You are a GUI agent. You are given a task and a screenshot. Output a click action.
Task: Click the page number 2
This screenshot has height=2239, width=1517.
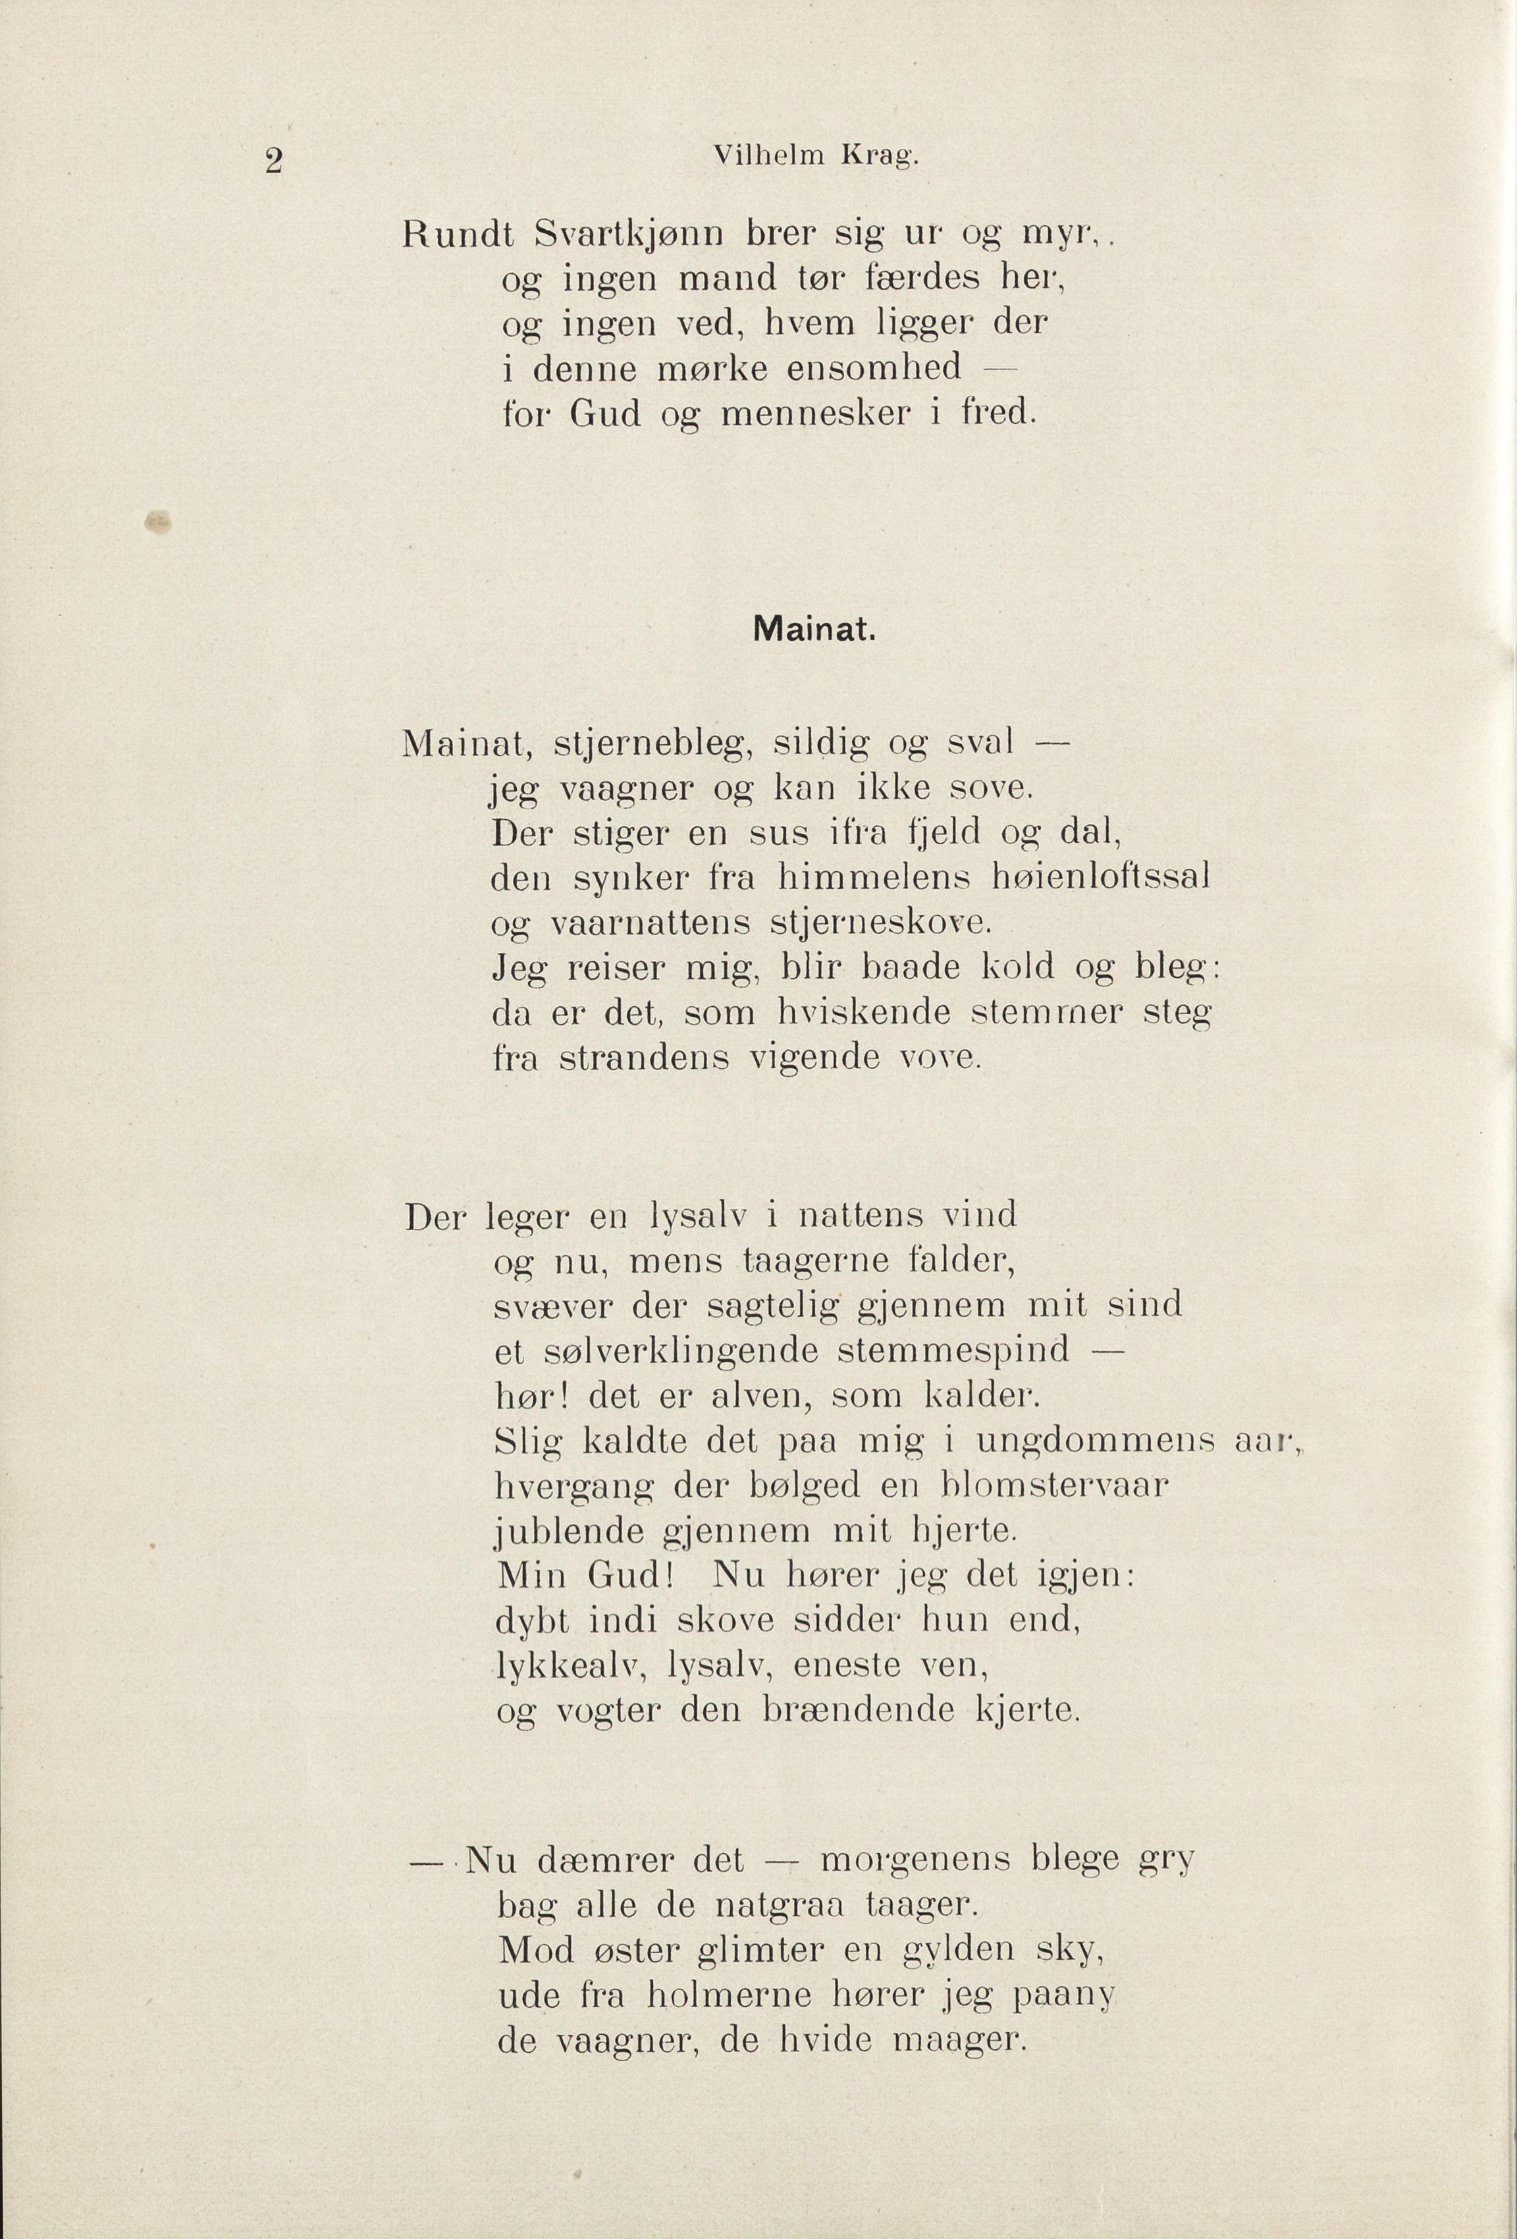click(273, 161)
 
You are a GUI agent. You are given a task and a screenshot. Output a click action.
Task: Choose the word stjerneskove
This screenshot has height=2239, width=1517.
click(880, 924)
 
